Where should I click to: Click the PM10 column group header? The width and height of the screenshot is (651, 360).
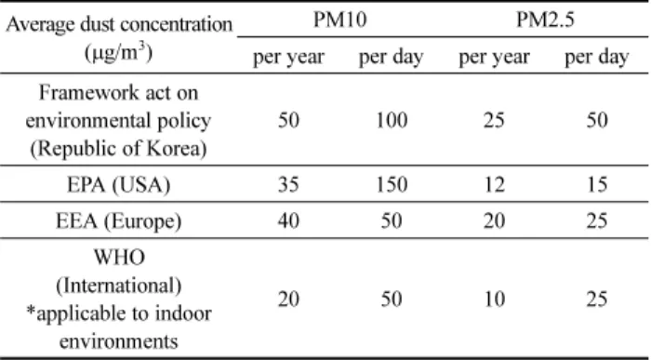(339, 20)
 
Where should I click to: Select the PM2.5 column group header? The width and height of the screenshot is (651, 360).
(545, 20)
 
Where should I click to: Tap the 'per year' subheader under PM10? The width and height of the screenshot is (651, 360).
(288, 57)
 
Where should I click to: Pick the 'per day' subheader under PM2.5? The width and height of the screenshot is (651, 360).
(597, 57)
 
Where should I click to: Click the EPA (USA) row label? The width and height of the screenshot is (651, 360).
(119, 184)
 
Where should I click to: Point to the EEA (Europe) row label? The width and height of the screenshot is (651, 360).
(119, 220)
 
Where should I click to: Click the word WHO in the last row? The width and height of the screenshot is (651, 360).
(119, 257)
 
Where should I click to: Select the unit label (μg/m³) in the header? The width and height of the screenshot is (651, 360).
(119, 53)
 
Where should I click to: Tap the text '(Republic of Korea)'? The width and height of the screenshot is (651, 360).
(119, 149)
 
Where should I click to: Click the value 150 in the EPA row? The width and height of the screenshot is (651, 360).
(392, 184)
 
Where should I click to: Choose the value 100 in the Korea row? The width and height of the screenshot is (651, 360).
(392, 120)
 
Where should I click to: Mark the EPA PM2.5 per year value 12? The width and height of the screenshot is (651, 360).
(494, 184)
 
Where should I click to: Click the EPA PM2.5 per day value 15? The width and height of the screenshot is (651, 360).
(597, 184)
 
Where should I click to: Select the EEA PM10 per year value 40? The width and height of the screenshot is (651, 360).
(288, 220)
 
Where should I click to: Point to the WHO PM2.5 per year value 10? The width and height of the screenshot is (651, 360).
(494, 299)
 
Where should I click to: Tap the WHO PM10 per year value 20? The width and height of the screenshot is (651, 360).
(288, 299)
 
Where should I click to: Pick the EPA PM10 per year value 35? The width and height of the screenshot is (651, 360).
(288, 184)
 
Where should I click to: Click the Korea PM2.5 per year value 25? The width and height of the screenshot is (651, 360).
(494, 120)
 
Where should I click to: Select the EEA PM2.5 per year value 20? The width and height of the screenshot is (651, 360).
(494, 220)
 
